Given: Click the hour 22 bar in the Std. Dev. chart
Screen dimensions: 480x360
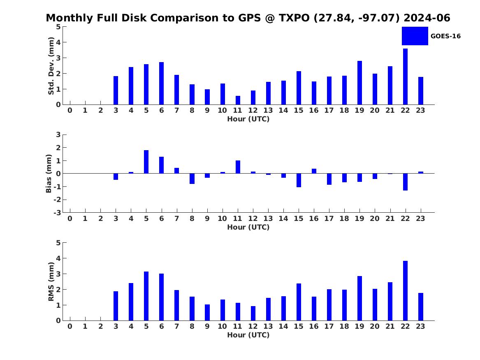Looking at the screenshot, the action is (x=405, y=77).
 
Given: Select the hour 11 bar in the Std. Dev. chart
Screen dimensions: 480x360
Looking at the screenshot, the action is (x=238, y=100).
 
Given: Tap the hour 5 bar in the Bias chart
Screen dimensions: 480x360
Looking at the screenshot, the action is (x=146, y=162).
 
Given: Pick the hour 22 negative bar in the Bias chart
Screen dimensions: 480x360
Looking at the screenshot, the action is (x=405, y=182).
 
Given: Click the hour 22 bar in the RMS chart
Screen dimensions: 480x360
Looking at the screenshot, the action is (x=405, y=291).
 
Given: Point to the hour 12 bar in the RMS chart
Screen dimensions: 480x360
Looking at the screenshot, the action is (x=253, y=314).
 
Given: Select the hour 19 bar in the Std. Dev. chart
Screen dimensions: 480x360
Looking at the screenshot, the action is (x=360, y=83).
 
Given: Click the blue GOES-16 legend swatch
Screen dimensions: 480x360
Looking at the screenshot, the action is (x=415, y=36).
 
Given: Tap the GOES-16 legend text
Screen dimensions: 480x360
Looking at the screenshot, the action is (x=445, y=36).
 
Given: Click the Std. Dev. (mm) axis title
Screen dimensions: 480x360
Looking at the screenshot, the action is (x=51, y=66).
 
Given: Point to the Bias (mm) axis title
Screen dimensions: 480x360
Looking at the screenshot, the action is (x=49, y=174).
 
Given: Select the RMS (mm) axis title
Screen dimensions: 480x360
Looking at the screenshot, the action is (x=51, y=282).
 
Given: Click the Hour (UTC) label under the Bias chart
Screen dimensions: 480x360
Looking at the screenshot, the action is (x=248, y=227).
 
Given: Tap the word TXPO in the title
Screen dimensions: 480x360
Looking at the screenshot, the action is (x=294, y=18).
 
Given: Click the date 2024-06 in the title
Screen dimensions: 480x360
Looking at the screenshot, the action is (x=427, y=18).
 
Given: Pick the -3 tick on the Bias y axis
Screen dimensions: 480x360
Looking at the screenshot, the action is (x=57, y=213).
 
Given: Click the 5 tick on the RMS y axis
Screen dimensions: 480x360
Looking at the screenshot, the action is (x=58, y=243).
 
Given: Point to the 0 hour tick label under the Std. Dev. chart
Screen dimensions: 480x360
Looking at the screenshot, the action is (x=70, y=111).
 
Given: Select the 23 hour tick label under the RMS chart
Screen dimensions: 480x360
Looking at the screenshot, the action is (x=420, y=326).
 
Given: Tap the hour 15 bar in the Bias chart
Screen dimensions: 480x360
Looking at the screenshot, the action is (x=299, y=180).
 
